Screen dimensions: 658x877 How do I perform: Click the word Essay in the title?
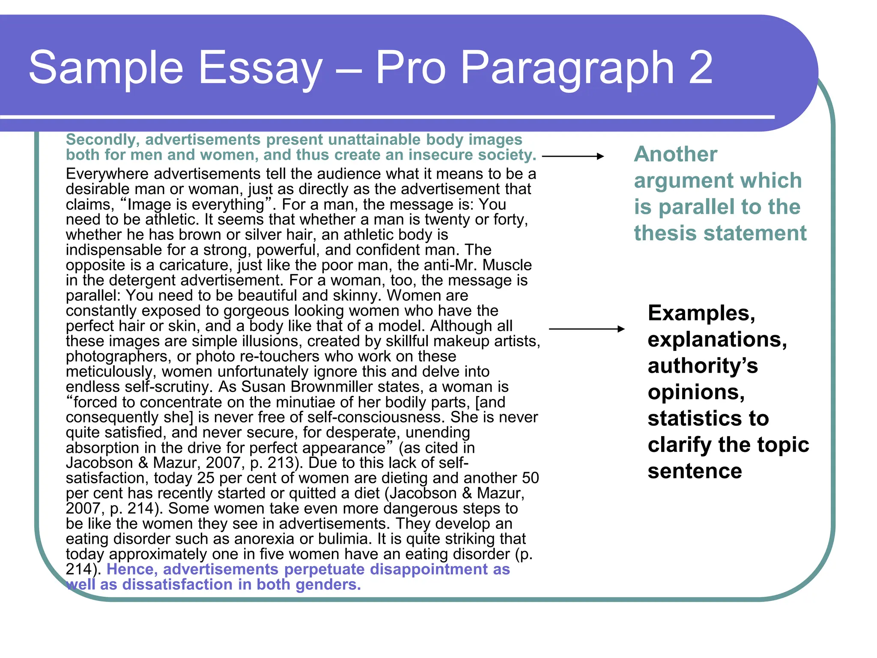point(260,68)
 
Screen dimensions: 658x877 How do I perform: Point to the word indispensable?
point(110,250)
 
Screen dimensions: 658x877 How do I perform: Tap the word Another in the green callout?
point(675,154)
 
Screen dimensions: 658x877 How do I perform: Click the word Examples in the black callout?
point(701,313)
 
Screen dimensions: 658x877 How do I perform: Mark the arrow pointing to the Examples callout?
point(586,329)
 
